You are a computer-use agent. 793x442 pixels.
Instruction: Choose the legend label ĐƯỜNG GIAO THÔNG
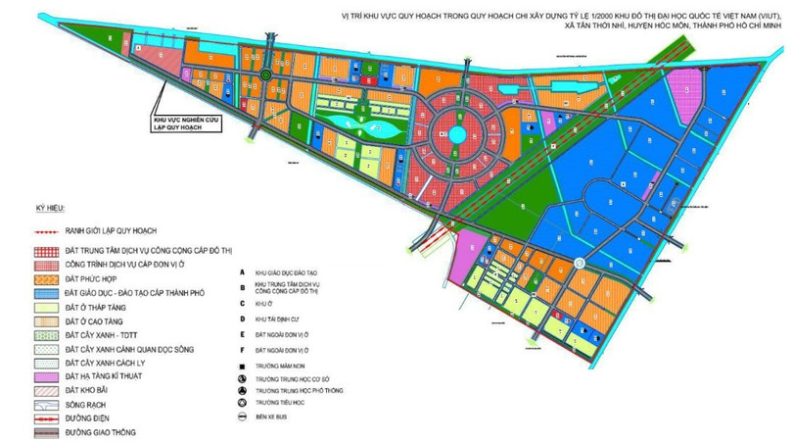click(100, 432)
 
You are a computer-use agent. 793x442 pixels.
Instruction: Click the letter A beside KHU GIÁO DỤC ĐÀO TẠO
click(240, 271)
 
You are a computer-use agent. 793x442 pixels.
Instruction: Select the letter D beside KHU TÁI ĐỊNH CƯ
click(240, 319)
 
